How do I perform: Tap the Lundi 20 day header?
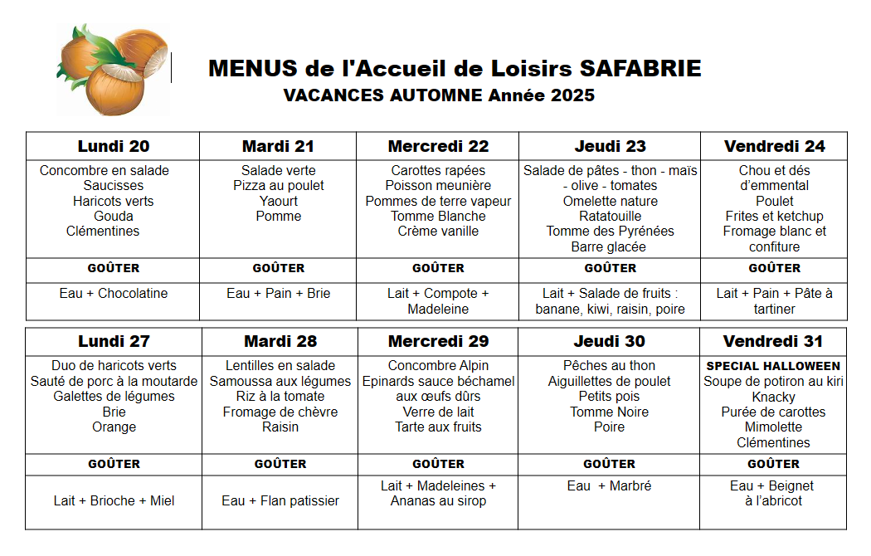click(x=114, y=146)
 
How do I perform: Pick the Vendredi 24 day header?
click(x=774, y=146)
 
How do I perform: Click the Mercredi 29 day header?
click(x=438, y=341)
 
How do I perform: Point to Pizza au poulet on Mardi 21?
click(x=279, y=186)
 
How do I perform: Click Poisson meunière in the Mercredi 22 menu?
click(x=438, y=186)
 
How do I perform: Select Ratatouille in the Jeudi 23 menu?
click(x=610, y=217)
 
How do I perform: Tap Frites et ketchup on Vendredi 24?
click(x=774, y=217)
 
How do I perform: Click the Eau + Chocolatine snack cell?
click(x=114, y=294)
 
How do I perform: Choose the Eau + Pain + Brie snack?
click(x=279, y=294)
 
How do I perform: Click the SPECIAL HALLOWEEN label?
click(x=773, y=366)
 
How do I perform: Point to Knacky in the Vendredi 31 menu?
click(x=773, y=397)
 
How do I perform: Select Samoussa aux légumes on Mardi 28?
click(x=280, y=382)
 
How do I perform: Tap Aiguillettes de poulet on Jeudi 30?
click(x=610, y=382)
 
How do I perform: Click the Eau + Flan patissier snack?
click(x=280, y=501)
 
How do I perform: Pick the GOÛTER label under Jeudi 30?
click(x=610, y=464)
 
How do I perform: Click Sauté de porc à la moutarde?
click(x=114, y=382)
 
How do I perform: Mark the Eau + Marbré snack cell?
click(x=610, y=486)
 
